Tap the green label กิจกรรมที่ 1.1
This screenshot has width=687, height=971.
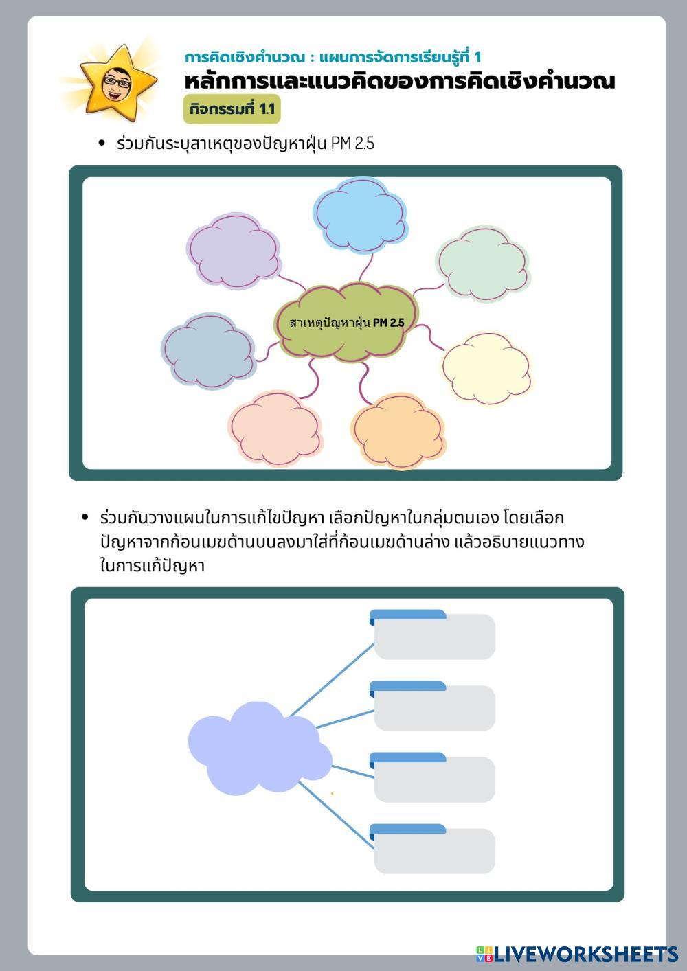pyautogui.click(x=232, y=109)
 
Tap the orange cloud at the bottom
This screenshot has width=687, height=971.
pyautogui.click(x=398, y=431)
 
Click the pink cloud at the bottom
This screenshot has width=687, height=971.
pyautogui.click(x=275, y=429)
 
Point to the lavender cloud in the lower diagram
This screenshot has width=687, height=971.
pyautogui.click(x=258, y=749)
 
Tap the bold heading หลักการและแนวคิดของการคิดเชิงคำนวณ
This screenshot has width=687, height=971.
pyautogui.click(x=399, y=82)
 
